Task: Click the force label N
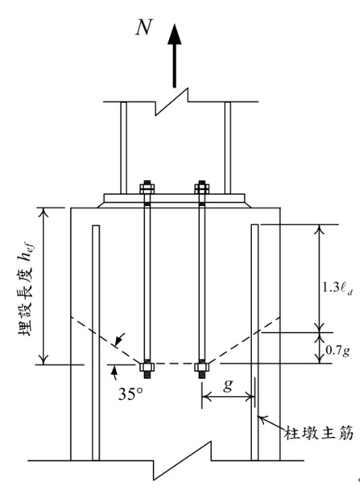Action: tap(144, 27)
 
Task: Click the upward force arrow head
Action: tap(175, 35)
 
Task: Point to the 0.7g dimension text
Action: tap(337, 351)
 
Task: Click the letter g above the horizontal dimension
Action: tap(228, 385)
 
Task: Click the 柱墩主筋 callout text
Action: tap(318, 434)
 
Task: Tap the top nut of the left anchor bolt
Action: tap(147, 188)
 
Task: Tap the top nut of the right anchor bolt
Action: tap(202, 188)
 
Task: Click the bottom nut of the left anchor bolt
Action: tap(147, 367)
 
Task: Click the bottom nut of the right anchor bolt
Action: tap(202, 367)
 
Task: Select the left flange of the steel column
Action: tap(124, 148)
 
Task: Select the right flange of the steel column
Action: tap(228, 148)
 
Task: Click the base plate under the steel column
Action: tap(175, 197)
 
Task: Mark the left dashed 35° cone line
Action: tap(106, 340)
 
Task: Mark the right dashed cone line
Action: tap(245, 340)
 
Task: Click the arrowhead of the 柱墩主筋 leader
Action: tap(260, 418)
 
